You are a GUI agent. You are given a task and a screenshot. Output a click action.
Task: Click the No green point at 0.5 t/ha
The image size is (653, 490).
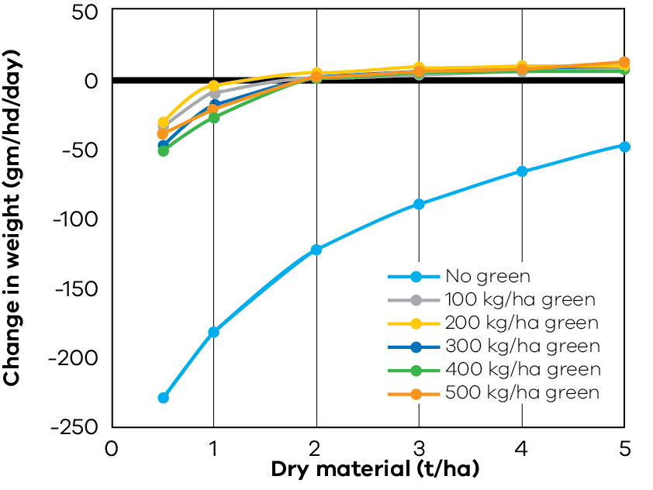point(163,398)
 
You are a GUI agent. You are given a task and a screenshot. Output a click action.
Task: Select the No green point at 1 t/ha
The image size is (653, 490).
point(214,332)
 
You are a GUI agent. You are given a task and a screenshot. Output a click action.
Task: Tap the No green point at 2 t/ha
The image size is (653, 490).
point(316,250)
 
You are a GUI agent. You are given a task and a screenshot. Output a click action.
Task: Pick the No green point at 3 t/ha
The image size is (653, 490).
point(419,204)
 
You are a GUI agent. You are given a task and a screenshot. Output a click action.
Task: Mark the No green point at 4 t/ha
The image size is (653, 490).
point(522,171)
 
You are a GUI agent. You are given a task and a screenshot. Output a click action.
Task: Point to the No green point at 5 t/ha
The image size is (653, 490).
point(624,147)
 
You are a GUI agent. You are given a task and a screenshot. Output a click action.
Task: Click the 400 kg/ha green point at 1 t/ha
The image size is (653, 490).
point(214,118)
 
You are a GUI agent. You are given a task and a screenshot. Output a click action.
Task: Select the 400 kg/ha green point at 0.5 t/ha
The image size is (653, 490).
point(163,150)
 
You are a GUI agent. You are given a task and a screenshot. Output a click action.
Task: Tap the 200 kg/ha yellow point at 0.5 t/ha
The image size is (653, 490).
point(163,122)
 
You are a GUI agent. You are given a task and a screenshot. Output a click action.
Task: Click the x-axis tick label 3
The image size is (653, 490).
point(419,450)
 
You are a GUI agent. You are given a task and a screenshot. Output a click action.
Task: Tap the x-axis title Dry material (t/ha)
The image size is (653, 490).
point(375,471)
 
